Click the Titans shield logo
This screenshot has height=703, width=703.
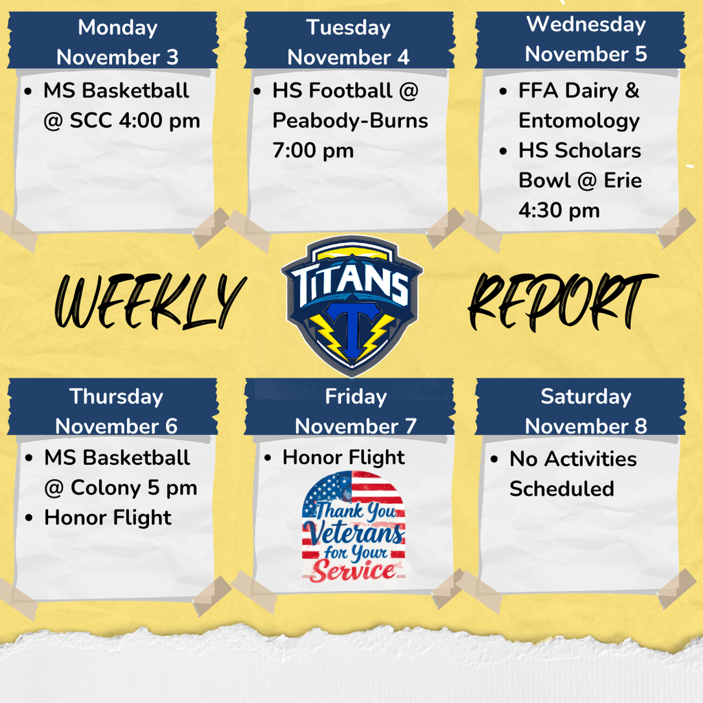click(351, 303)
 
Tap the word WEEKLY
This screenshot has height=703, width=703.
click(149, 300)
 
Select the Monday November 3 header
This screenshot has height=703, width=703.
click(117, 42)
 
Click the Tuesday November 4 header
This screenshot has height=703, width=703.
click(348, 42)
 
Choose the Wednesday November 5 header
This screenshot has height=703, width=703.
click(586, 39)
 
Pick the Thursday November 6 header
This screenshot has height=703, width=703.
click(117, 411)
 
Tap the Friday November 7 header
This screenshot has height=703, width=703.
click(356, 411)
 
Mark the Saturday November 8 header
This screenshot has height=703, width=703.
click(586, 411)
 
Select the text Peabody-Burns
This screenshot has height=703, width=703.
click(350, 121)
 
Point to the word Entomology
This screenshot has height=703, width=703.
click(579, 121)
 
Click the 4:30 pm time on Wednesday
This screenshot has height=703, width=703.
click(559, 210)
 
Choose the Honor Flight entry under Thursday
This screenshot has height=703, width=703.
click(108, 518)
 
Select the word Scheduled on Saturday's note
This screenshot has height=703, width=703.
click(562, 489)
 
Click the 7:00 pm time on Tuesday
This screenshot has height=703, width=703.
click(313, 150)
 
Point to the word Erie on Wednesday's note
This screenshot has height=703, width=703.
click(623, 181)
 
